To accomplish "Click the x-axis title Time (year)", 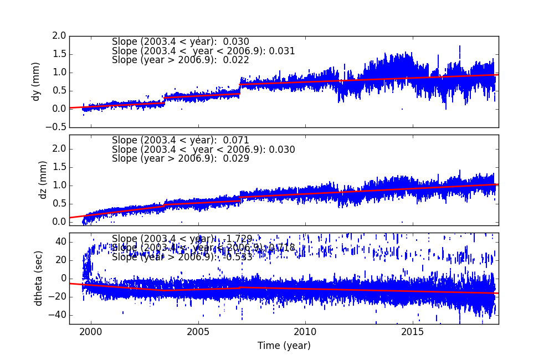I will [284, 346].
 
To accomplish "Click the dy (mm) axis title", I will [37, 81].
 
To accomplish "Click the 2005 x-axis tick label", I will [198, 332].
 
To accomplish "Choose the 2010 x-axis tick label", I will [305, 332].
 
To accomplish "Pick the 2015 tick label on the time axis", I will [413, 332].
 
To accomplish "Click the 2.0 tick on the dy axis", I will [59, 36].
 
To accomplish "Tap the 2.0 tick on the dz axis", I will [59, 148].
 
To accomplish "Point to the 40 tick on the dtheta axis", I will [60, 242].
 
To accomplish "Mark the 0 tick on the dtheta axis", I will [63, 279].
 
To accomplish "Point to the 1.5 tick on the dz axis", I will [59, 167].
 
